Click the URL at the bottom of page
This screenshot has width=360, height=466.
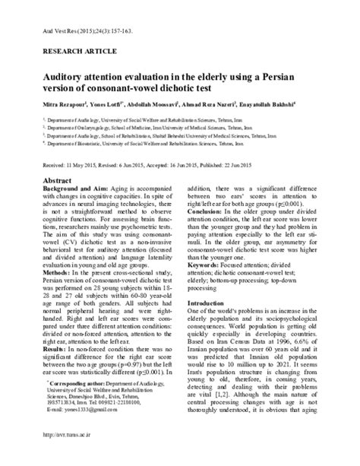coord(181,456)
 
